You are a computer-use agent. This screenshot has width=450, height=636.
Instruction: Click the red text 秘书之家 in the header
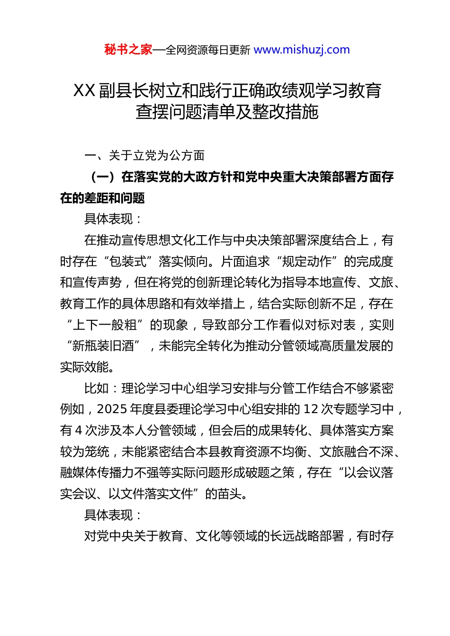click(x=128, y=50)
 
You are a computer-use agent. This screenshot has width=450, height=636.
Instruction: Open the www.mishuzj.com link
click(x=302, y=50)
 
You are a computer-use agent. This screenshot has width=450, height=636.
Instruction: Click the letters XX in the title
click(x=84, y=90)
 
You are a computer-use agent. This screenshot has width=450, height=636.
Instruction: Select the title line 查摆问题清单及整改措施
click(x=227, y=112)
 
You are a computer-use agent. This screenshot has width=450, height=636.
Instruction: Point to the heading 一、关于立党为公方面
click(x=144, y=155)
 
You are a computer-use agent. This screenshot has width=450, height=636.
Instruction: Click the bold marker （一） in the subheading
click(x=103, y=177)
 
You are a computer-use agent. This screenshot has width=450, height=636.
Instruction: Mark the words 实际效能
click(x=84, y=367)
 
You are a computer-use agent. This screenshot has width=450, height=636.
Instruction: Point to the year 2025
click(x=112, y=409)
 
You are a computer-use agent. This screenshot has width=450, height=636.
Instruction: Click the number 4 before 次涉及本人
click(x=79, y=431)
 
